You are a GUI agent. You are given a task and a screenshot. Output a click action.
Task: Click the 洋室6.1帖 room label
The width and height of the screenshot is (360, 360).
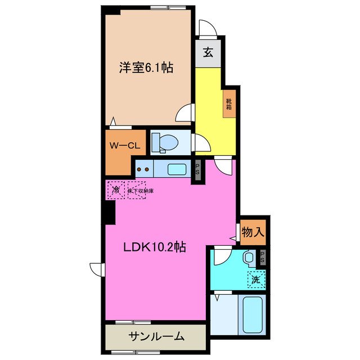point(145,68)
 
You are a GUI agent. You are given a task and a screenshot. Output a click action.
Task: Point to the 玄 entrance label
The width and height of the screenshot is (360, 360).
point(208,53)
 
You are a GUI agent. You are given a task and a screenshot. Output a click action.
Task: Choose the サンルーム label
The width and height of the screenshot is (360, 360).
point(156,336)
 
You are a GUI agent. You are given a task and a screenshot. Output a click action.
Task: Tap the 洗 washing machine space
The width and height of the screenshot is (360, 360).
point(256,278)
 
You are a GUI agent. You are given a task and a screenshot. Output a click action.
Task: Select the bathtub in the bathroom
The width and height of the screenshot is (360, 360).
point(253,316)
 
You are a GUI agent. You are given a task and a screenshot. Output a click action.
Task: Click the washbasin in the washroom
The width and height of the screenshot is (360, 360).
point(250,258)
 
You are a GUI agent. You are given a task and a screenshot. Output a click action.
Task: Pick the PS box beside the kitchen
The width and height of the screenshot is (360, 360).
point(197,170)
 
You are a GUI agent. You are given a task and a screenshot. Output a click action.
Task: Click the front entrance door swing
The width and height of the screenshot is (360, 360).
point(206,27)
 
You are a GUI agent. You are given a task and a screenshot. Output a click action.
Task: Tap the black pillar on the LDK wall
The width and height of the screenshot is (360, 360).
point(109,211)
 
